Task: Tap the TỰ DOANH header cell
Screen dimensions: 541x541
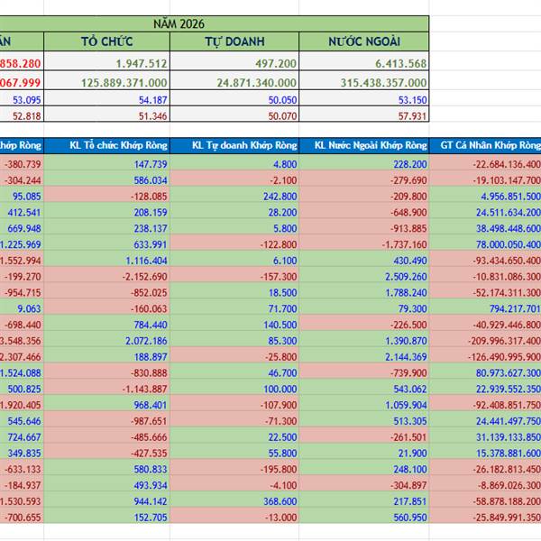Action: click(234, 41)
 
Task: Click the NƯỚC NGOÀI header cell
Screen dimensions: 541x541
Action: click(364, 41)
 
